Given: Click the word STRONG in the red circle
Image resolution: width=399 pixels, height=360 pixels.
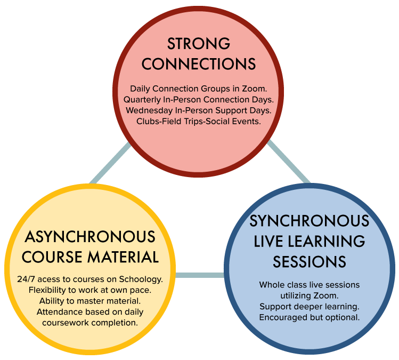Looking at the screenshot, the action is click(199, 44).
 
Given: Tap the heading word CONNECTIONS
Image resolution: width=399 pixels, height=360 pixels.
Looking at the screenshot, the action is click(199, 64).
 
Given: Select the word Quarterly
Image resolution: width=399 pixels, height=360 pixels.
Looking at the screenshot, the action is click(142, 100).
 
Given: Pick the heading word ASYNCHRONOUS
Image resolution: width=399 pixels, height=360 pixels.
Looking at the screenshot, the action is click(90, 237).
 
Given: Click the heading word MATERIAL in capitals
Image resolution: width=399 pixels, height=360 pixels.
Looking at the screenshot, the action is click(123, 257).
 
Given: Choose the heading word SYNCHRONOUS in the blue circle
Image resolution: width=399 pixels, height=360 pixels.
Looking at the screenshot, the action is click(309, 221).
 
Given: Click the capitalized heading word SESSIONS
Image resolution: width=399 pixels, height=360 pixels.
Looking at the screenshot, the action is click(309, 262).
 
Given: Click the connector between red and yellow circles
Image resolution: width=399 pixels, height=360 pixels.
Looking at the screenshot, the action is click(110, 163).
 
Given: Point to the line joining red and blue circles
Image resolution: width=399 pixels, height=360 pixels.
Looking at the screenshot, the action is click(289, 162).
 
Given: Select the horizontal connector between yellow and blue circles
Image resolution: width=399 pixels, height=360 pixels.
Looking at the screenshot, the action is click(200, 275).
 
